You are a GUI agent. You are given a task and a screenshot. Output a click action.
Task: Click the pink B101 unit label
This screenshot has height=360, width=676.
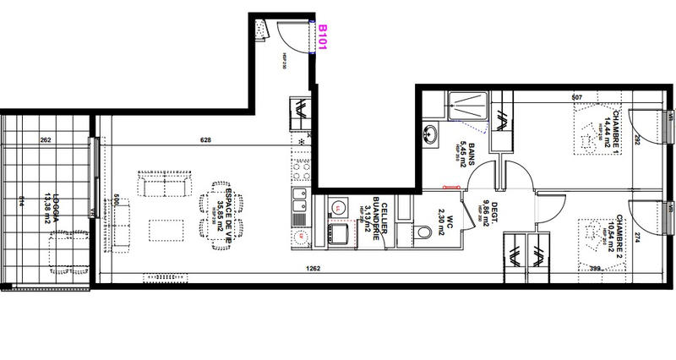click(x=322, y=38)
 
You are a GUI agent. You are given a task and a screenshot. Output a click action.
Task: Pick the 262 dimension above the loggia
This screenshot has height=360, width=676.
click(x=46, y=140)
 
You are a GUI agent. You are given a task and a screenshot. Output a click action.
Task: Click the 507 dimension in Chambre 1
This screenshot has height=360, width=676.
click(x=577, y=97)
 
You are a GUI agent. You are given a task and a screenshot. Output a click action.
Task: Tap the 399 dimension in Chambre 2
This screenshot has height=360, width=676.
click(x=595, y=269)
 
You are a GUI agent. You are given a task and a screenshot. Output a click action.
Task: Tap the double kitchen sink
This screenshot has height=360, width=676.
click(x=299, y=202)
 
